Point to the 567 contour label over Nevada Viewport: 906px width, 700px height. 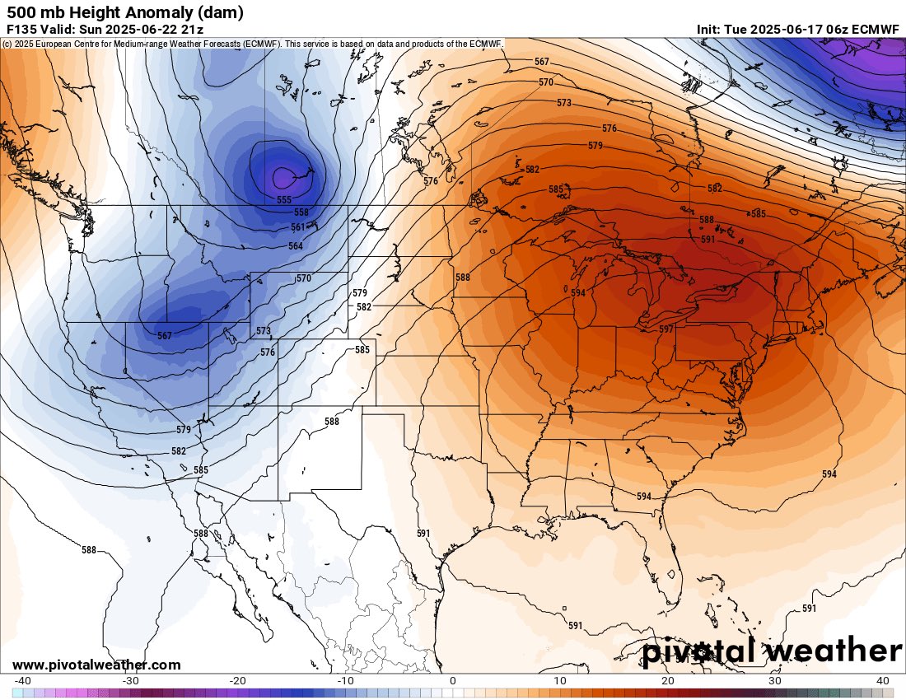pyautogui.click(x=165, y=336)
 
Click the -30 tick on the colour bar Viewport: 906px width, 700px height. pyautogui.click(x=129, y=680)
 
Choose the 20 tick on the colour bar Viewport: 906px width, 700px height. pyautogui.click(x=669, y=680)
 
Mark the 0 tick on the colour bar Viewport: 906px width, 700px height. pyautogui.click(x=453, y=680)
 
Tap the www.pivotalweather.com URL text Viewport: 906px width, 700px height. pyautogui.click(x=96, y=665)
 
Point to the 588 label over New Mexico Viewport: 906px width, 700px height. pyautogui.click(x=331, y=421)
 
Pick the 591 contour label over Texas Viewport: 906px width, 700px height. pyautogui.click(x=423, y=534)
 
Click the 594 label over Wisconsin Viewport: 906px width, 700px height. pyautogui.click(x=578, y=293)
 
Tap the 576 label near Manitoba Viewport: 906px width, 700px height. pyautogui.click(x=431, y=181)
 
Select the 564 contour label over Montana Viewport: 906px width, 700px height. pyautogui.click(x=295, y=246)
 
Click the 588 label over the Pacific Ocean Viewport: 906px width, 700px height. pyautogui.click(x=89, y=549)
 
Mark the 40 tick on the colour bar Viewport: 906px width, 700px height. pyautogui.click(x=884, y=680)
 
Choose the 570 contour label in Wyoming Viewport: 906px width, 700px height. pyautogui.click(x=304, y=278)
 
